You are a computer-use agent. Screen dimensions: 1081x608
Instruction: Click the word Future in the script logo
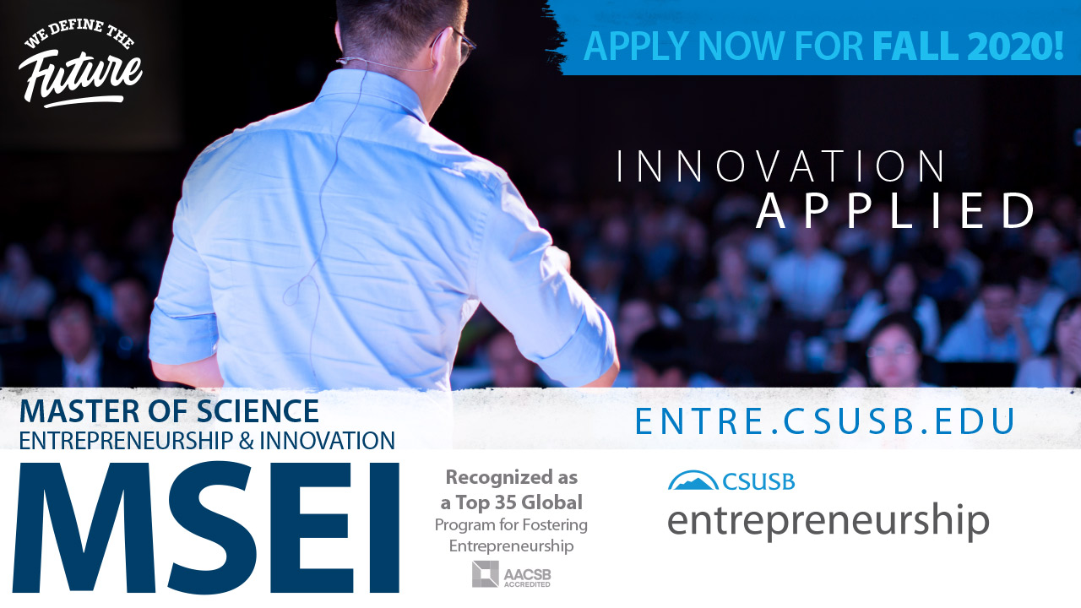point(80,77)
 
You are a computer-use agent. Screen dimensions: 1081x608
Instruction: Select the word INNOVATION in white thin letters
point(781,166)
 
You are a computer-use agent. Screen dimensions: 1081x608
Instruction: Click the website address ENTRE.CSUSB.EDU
point(825,421)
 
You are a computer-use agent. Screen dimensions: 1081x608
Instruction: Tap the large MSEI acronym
point(206,528)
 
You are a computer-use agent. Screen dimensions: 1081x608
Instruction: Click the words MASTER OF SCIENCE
point(169,411)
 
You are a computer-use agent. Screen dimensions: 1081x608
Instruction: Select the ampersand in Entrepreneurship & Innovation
point(246,441)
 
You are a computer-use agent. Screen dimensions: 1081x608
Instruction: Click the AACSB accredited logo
point(512,574)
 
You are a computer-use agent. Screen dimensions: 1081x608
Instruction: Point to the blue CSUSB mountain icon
point(693,480)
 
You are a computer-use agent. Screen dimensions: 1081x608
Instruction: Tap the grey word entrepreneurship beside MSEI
point(828,522)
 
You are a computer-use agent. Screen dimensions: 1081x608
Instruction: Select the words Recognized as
point(512,478)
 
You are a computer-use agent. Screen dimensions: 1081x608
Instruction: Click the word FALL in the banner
point(915,46)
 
